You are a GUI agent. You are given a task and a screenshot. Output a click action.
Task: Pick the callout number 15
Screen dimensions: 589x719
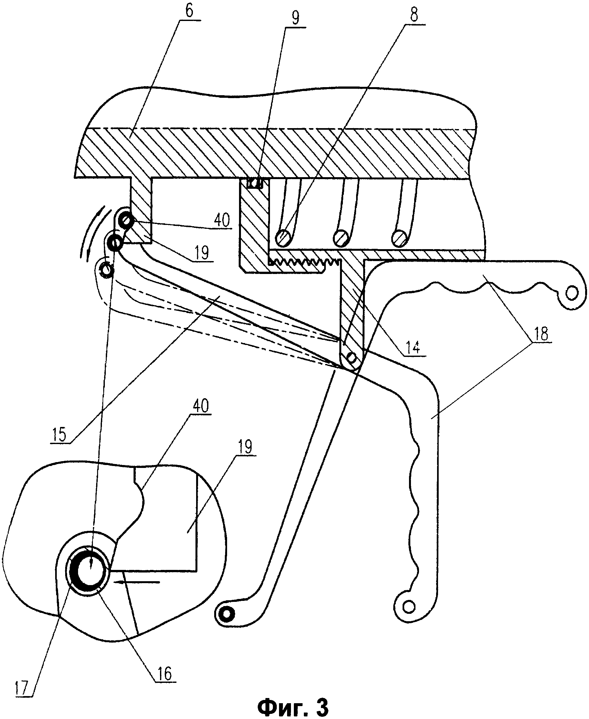(x=59, y=435)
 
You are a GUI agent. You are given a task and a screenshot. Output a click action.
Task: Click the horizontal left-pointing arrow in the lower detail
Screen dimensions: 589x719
(x=137, y=582)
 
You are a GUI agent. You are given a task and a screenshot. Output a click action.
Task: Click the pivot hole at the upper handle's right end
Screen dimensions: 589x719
(x=572, y=293)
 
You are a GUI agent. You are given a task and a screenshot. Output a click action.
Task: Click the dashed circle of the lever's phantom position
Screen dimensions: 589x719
(x=106, y=270)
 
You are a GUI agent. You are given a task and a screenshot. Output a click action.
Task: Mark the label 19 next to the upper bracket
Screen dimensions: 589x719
(x=202, y=253)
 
